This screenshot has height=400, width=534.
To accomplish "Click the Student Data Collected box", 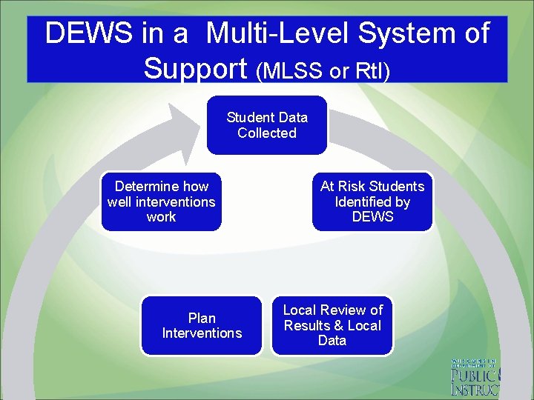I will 266,125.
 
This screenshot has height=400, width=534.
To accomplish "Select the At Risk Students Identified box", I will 372,201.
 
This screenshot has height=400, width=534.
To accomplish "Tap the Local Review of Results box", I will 332,325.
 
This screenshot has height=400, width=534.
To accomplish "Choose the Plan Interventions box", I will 202,325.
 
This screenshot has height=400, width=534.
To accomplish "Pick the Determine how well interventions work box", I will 161,201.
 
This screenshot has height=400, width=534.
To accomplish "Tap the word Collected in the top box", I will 266,133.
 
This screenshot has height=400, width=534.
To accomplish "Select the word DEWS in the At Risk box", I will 372,217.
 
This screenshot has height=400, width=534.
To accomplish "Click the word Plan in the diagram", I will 202,318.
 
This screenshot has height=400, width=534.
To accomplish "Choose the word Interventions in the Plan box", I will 202,333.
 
